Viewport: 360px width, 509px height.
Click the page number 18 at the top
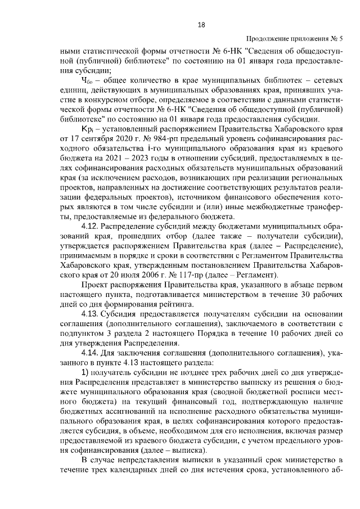click(201, 24)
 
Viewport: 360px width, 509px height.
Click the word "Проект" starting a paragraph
click(94, 286)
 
